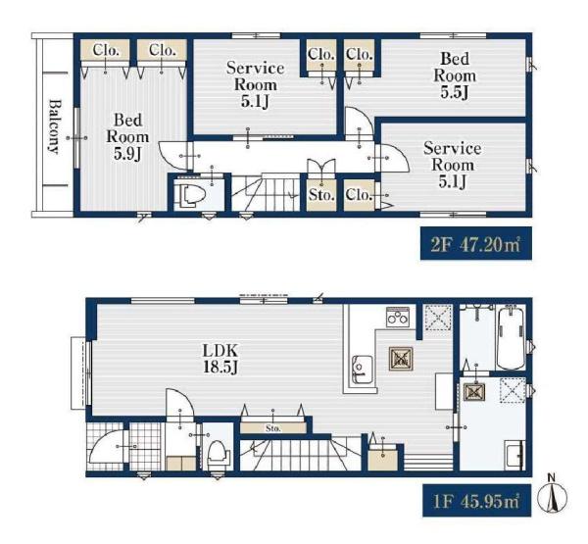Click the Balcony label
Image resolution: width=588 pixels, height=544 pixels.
[x=55, y=126]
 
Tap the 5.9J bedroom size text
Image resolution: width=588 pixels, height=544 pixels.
[x=127, y=154]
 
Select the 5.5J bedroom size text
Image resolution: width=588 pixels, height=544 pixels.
[x=455, y=92]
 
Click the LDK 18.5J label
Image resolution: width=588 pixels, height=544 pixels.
[x=220, y=359]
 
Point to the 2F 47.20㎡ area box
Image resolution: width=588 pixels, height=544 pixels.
[x=476, y=243]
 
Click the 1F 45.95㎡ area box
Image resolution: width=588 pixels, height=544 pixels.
[x=477, y=501]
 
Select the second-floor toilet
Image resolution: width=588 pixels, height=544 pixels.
[x=193, y=195]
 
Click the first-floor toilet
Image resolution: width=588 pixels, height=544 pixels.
[x=218, y=454]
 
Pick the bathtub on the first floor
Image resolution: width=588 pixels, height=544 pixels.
[x=511, y=337]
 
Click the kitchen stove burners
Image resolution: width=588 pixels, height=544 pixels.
[x=398, y=318]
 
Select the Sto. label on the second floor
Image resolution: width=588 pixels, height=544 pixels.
[x=321, y=195]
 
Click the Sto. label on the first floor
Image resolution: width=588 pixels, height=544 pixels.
[x=273, y=428]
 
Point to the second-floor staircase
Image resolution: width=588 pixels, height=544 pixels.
[x=266, y=192]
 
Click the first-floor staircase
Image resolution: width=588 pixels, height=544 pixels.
[x=300, y=452]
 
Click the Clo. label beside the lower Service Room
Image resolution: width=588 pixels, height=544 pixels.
[x=359, y=195]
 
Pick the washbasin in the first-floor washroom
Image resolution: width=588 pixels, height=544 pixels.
[x=514, y=454]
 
